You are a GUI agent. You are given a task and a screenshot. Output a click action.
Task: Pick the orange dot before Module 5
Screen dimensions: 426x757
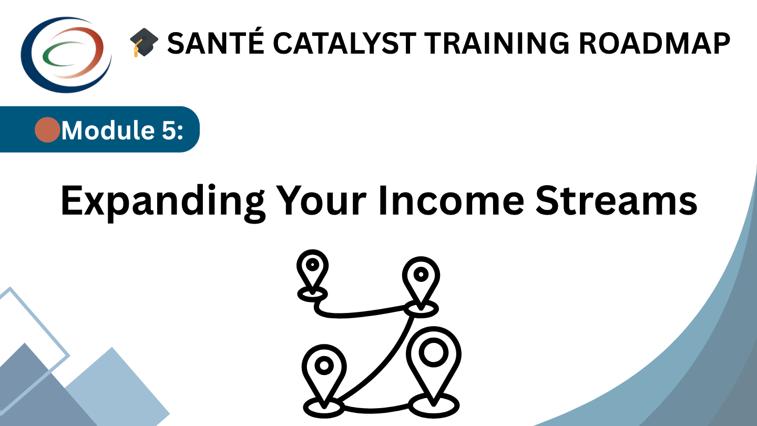47,130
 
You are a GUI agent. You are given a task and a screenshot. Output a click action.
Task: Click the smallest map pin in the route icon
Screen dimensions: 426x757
312,268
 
